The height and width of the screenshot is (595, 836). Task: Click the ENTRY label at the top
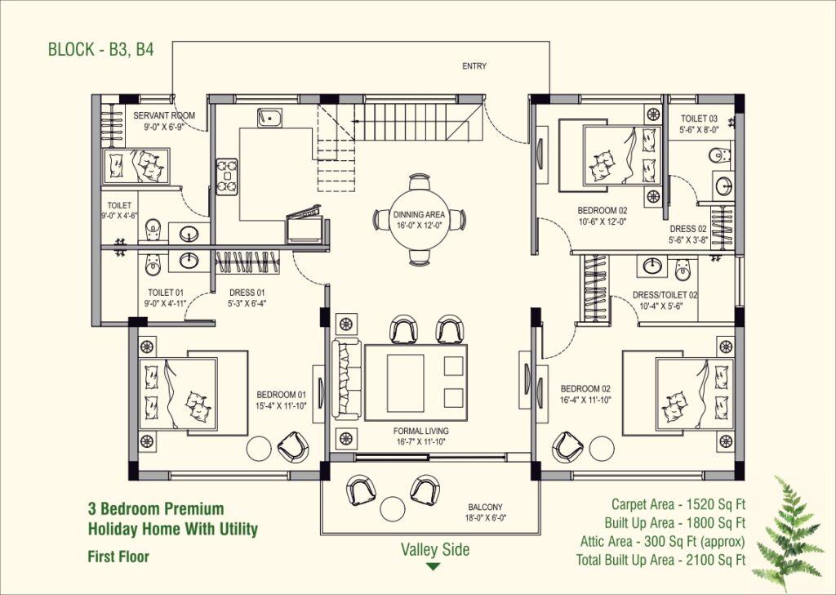pos(474,66)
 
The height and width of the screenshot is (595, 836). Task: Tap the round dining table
pos(419,219)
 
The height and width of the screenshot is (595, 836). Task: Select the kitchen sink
pos(269,118)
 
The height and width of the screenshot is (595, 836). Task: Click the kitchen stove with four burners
pos(227,177)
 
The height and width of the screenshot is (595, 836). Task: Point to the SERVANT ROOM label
pos(164,115)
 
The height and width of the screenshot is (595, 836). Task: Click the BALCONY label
pos(485,507)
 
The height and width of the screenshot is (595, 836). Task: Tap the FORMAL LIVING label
pos(421,431)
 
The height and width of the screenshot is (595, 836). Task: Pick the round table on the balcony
pos(393,508)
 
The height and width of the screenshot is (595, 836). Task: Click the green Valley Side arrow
pos(434,566)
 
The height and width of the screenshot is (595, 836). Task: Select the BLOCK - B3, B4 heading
pos(100,50)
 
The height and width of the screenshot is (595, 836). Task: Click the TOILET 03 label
pos(699,119)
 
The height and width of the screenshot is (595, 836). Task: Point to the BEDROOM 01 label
pos(282,395)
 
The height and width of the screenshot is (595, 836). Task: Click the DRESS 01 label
pos(247,293)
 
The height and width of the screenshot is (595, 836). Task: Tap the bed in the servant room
pos(137,165)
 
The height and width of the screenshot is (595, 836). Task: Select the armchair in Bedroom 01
pos(293,446)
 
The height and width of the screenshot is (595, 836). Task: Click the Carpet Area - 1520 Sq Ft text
pos(678,504)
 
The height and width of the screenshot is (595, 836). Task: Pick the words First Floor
pos(118,557)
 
